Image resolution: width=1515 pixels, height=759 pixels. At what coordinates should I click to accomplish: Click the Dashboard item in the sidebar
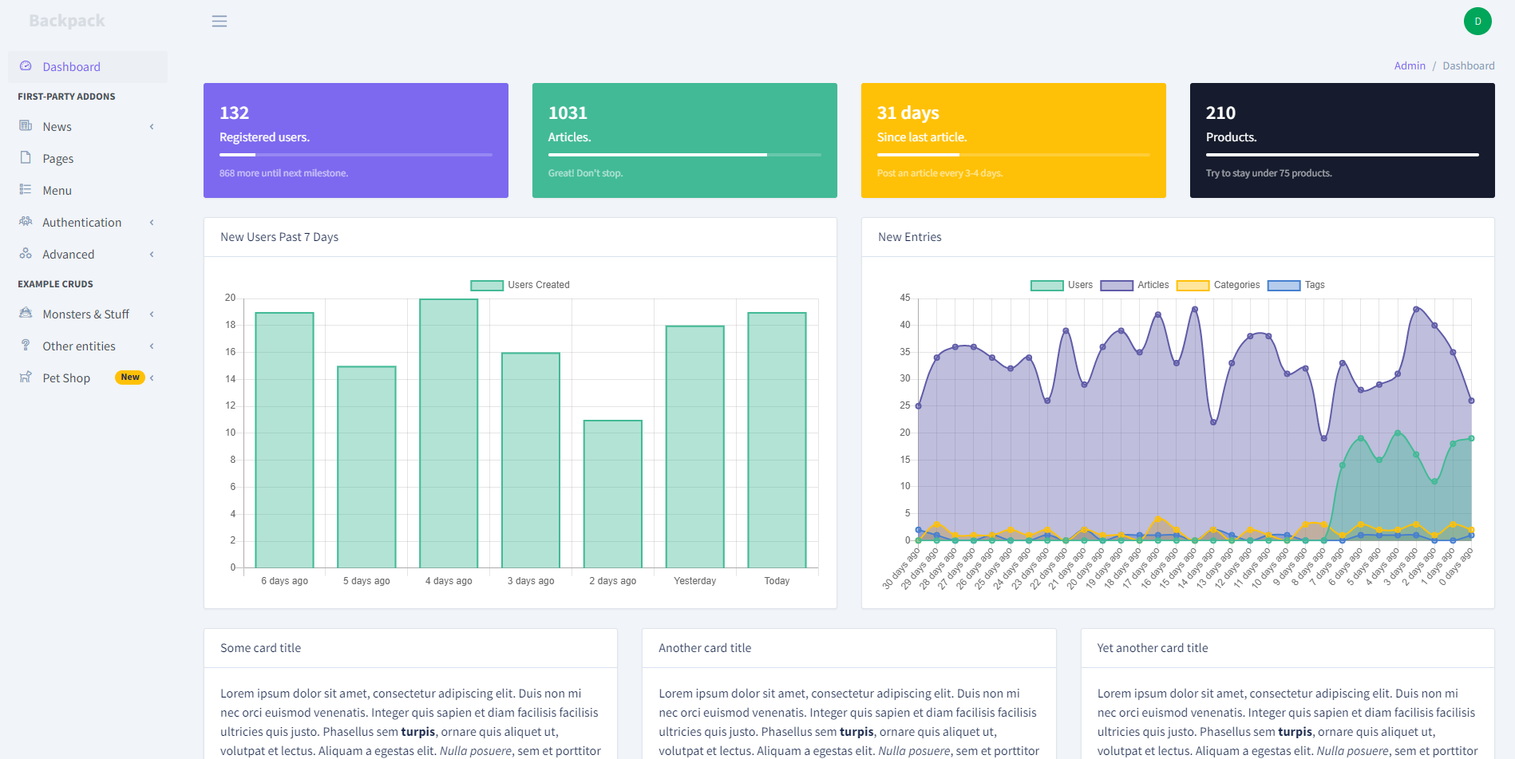(71, 67)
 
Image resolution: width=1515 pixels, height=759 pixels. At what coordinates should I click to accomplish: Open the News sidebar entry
(57, 127)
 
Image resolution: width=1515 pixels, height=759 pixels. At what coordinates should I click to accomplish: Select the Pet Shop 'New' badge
(130, 378)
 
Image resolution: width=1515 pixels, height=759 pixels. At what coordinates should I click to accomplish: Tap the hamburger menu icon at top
(220, 22)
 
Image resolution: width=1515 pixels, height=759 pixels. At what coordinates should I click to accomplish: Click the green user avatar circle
(1477, 22)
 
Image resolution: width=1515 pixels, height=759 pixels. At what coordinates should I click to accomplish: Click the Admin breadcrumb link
(1409, 66)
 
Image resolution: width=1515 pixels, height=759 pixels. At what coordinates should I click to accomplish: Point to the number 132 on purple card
(234, 113)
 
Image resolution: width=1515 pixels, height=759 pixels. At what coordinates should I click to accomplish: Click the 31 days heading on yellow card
(908, 113)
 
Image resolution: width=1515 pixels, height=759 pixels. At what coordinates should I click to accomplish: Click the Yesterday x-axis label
(694, 581)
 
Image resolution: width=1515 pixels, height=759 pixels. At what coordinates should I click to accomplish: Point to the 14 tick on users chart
(231, 379)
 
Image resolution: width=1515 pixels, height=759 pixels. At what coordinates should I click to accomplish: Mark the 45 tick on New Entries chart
(905, 298)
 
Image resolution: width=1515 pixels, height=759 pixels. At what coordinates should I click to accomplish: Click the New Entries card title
(909, 237)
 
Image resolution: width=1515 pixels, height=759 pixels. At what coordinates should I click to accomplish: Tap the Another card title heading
(704, 648)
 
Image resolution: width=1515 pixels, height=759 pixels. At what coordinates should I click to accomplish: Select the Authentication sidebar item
(81, 223)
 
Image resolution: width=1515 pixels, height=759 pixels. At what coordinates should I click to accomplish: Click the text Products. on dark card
(1231, 137)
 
